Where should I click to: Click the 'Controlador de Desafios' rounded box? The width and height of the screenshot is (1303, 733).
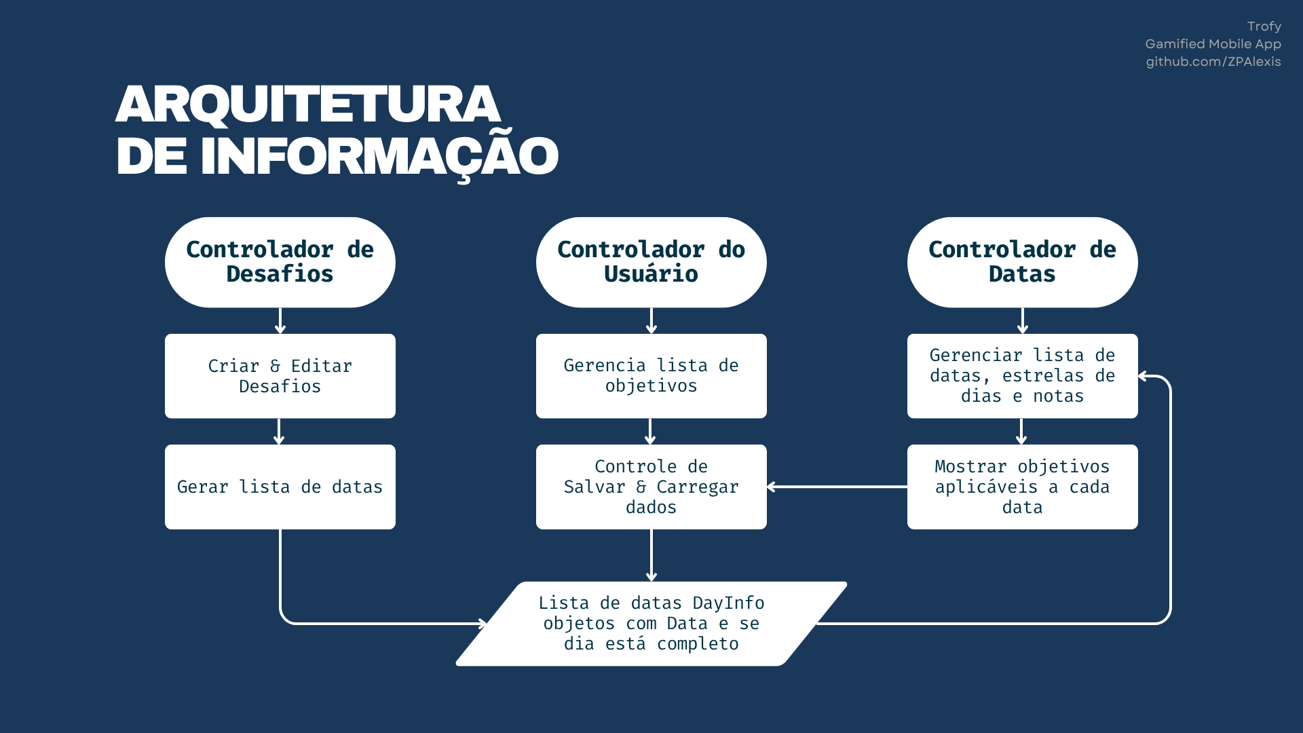280,262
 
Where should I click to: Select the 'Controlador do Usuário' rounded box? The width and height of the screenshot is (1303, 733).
651,262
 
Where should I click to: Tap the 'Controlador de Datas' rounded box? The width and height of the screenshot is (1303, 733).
1022,262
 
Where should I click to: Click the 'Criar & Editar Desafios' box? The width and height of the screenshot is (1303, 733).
280,376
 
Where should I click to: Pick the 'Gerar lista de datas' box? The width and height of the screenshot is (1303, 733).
280,487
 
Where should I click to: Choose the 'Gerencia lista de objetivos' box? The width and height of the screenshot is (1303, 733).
651,376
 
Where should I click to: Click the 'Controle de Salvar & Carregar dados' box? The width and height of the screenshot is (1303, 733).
651,487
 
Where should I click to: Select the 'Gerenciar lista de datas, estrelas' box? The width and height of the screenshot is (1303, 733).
1022,376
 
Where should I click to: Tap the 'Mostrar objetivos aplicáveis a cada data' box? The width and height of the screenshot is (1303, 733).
1022,487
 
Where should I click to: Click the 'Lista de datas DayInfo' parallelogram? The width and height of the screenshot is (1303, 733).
651,624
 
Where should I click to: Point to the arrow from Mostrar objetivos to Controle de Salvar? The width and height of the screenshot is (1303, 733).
837,487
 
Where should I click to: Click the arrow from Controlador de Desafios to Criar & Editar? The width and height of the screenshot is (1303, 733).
280,321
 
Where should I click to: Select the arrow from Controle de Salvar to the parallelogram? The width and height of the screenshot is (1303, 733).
651,555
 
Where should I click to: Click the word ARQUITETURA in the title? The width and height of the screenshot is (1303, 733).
308,105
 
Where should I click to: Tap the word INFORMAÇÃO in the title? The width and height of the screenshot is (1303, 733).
379,156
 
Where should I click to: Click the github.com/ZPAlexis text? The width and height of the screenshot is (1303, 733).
1213,62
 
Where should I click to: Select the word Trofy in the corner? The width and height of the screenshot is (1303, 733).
1264,26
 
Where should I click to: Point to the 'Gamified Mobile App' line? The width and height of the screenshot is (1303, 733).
1213,44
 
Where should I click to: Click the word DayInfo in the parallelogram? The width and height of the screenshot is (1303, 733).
728,603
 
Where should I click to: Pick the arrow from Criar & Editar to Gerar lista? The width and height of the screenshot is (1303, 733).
278,432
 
